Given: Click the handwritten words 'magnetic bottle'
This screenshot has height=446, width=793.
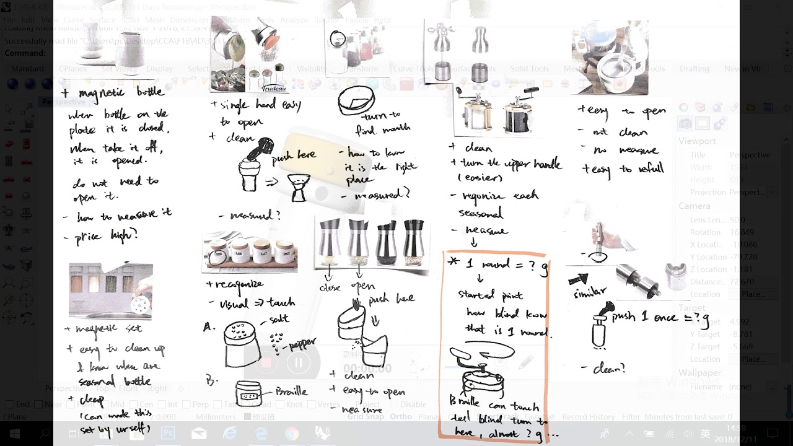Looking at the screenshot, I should [x=121, y=92].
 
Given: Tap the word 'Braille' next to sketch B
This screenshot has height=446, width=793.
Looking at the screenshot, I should [x=291, y=391].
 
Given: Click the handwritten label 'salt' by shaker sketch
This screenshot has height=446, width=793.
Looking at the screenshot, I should [x=279, y=319].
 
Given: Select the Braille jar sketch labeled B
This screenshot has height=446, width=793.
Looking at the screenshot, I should [x=248, y=394].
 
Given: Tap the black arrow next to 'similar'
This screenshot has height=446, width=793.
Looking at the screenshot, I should [x=579, y=279].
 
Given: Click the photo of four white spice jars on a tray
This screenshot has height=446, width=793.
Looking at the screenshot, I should [x=250, y=251].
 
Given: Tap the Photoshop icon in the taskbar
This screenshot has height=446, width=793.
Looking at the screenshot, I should [x=168, y=433].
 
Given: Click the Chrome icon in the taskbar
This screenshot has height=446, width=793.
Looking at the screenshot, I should [x=292, y=433].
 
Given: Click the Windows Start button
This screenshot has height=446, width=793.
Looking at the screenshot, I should [x=14, y=433].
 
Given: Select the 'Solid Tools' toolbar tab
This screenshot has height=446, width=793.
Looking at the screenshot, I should [x=529, y=69].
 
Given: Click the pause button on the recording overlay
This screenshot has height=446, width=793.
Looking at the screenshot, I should [x=299, y=362].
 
